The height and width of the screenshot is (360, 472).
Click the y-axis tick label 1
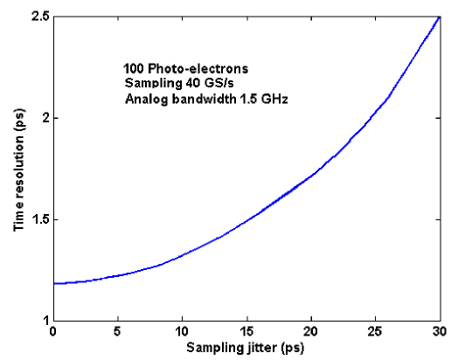45,321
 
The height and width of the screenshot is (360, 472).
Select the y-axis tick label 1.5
39,219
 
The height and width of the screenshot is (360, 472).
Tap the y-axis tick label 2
45,118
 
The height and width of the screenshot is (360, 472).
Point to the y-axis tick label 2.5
39,17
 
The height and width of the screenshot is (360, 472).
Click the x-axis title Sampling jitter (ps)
246,347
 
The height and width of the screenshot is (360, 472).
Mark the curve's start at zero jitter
54,283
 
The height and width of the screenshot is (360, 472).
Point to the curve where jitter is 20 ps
310,176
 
